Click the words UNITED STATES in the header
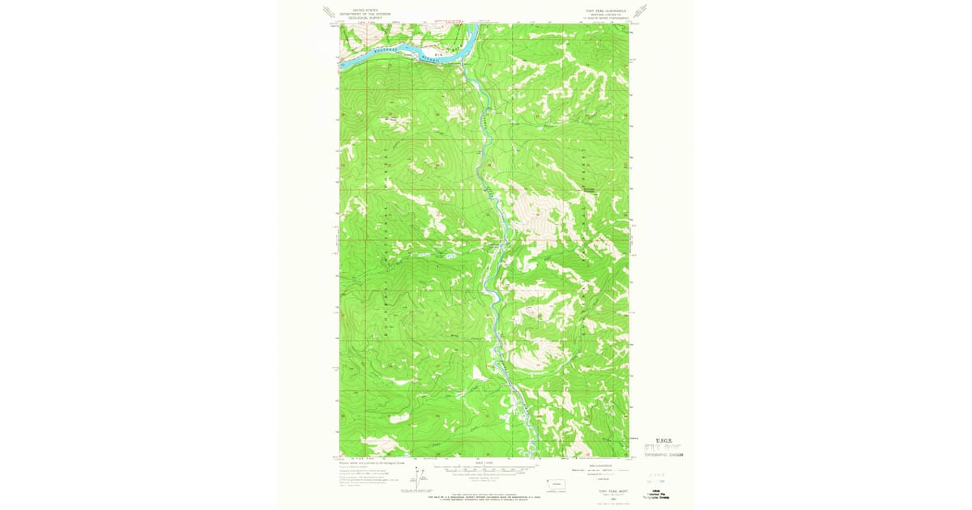[354, 11]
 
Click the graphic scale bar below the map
[484, 468]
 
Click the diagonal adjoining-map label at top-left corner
[328, 11]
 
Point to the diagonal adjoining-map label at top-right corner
[642, 11]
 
